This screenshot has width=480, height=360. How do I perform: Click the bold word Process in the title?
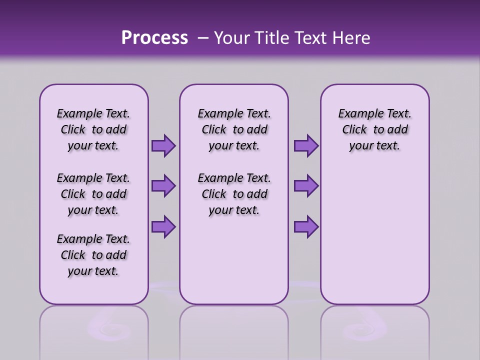(154, 38)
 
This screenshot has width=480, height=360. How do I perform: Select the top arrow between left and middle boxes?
(163, 145)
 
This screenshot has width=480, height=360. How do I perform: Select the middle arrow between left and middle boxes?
(163, 186)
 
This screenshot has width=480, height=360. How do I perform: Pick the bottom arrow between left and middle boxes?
(163, 226)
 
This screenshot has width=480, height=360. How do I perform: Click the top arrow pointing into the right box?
(305, 145)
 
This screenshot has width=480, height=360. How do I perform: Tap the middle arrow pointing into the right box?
(305, 186)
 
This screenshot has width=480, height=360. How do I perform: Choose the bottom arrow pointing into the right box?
(305, 226)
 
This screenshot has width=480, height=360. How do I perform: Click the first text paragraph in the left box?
(93, 129)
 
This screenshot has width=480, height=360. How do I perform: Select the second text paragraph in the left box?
(93, 194)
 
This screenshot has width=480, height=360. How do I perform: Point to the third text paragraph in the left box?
(93, 255)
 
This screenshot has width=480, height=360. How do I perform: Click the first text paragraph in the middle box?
(234, 129)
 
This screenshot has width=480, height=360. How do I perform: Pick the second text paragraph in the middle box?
(234, 194)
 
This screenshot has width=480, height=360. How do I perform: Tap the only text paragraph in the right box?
(375, 129)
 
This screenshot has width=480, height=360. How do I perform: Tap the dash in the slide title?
(202, 38)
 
